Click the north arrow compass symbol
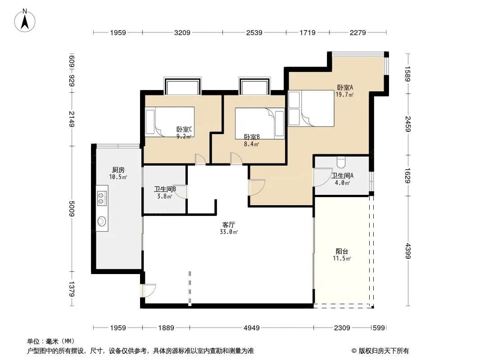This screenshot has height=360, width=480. click(25, 21)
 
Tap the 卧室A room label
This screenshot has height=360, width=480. click(345, 87)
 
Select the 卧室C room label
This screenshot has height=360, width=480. click(184, 130)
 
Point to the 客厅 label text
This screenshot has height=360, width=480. click(229, 225)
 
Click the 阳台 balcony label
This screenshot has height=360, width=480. click(342, 252)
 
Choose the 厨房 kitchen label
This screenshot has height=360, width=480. click(118, 170)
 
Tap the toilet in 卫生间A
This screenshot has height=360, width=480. click(341, 161)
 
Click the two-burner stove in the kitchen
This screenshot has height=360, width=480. click(102, 198)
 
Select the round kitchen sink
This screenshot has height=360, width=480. click(102, 221)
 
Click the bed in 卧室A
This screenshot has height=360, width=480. click(311, 108)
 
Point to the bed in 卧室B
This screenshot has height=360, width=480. click(260, 123)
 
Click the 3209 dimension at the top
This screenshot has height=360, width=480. click(182, 32)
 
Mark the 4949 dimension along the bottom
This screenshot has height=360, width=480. click(252, 328)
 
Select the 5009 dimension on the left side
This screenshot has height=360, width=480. click(71, 209)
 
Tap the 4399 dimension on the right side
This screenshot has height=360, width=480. click(408, 251)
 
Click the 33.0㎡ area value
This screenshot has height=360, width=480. click(229, 232)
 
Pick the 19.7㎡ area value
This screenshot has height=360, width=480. click(345, 95)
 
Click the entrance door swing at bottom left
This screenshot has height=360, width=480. click(149, 290)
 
